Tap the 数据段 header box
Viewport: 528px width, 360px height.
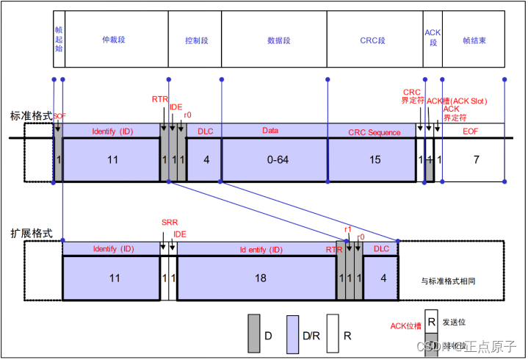coord(274,41)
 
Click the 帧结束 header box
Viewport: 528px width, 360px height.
coord(475,41)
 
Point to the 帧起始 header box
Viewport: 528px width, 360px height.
coord(59,41)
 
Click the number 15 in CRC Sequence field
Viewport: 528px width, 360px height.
coord(375,159)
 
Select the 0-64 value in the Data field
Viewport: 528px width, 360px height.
coord(274,159)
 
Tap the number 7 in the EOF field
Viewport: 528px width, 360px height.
coord(475,159)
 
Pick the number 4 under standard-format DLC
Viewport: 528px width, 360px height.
coord(205,159)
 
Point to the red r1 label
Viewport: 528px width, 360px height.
coord(348,229)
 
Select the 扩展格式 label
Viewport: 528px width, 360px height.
coord(31,232)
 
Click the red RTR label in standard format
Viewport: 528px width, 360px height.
coord(159,98)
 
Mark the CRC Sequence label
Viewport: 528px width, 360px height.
coord(375,132)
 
